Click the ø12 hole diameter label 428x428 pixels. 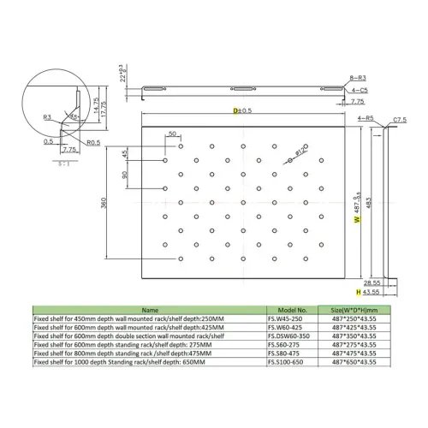coord(300,152)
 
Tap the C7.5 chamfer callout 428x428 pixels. coord(400,120)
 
